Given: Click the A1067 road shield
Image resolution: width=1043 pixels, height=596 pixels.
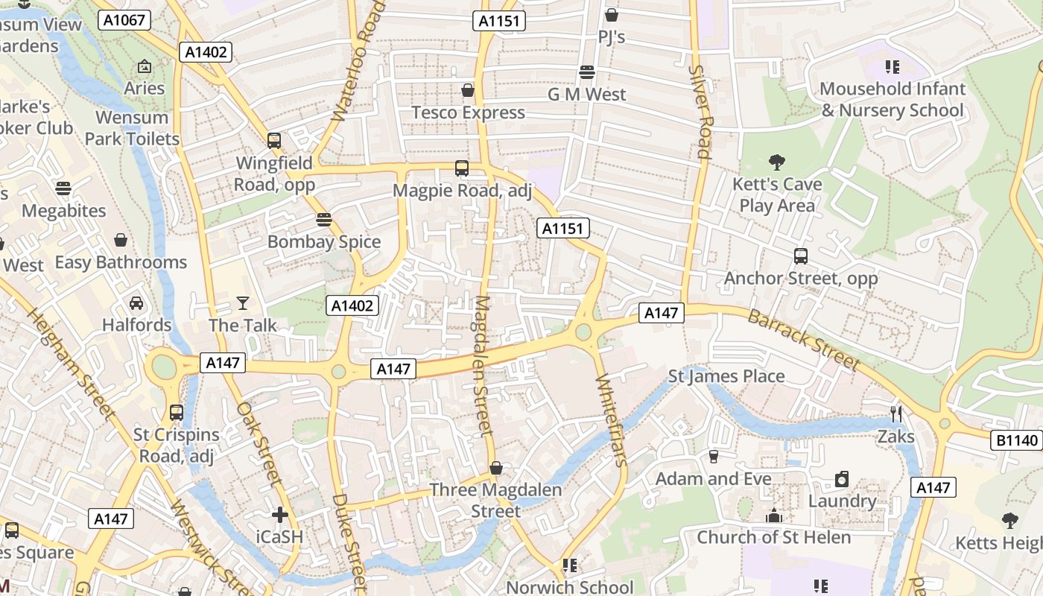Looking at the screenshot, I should (124, 20).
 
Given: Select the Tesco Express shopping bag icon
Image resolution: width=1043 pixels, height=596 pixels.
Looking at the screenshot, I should (468, 90).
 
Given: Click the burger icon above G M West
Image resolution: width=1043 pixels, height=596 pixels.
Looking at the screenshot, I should (587, 72).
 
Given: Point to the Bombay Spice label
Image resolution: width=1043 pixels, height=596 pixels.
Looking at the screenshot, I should (324, 241).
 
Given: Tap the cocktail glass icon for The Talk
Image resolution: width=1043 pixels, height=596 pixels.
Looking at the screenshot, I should (243, 302).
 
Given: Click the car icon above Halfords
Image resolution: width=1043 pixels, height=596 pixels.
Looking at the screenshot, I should (136, 302).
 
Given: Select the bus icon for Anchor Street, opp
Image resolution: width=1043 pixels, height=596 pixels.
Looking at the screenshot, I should (801, 256).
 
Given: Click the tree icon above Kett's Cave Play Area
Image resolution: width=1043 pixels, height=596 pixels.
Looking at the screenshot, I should (777, 162).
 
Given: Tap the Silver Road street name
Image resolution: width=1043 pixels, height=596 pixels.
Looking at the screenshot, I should (701, 112).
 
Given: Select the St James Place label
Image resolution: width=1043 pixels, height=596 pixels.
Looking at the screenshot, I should (726, 376).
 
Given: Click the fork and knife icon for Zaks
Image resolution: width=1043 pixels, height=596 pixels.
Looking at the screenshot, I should (896, 413).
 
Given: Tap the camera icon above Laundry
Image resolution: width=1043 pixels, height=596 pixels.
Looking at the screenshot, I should (842, 478).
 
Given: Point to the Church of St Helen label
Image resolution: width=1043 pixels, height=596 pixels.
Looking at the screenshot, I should (773, 537).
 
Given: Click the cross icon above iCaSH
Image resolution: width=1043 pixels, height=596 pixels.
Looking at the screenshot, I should (280, 514).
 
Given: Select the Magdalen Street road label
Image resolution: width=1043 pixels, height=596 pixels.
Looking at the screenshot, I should (483, 365).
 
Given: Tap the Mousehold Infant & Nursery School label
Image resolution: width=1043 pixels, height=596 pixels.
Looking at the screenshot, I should (893, 100).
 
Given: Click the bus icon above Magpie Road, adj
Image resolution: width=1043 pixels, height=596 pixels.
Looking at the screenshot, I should (462, 168).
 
